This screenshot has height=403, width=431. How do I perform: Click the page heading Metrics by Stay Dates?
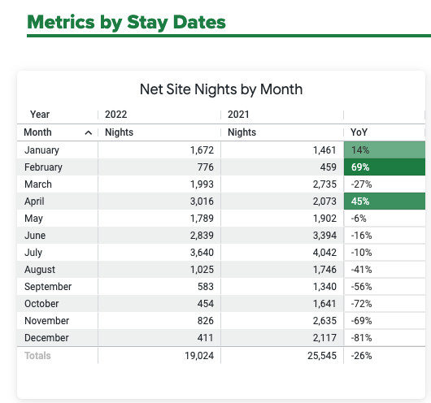(126, 21)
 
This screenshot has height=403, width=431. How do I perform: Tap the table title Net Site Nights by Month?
(221, 89)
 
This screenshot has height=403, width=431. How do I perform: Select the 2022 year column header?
(115, 115)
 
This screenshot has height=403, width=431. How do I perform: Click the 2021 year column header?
(239, 115)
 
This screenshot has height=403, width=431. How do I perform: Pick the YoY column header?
(359, 132)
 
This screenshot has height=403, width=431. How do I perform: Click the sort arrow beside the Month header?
(88, 132)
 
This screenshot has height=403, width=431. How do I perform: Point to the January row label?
(41, 150)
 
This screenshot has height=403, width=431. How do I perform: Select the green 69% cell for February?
(384, 167)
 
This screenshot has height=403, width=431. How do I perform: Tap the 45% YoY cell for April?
(384, 201)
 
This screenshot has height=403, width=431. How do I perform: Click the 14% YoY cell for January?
(384, 150)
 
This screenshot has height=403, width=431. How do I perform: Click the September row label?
(48, 287)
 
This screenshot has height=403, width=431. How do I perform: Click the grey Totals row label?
(37, 356)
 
